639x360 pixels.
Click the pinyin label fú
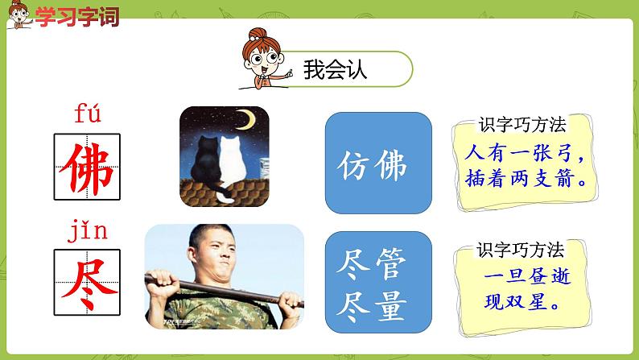click(x=86, y=115)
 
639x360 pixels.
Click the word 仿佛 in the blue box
click(x=373, y=167)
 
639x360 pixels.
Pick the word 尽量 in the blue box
click(x=373, y=307)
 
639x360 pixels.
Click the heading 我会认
click(x=336, y=70)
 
